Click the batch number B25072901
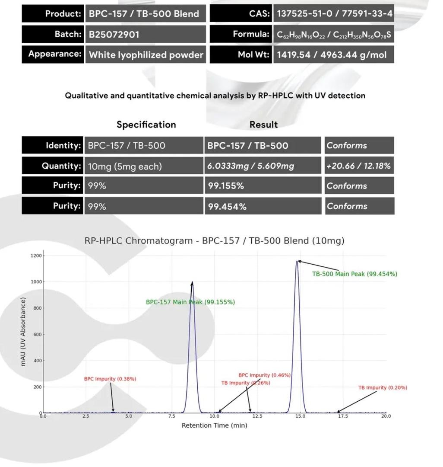pyautogui.click(x=114, y=34)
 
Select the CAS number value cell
pyautogui.click(x=334, y=13)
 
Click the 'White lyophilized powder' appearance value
pyautogui.click(x=146, y=55)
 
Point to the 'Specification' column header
pyautogui.click(x=146, y=125)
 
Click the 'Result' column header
pyautogui.click(x=263, y=125)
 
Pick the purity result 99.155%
pyautogui.click(x=226, y=186)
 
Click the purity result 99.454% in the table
pyautogui.click(x=227, y=206)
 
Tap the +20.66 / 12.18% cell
pyautogui.click(x=358, y=166)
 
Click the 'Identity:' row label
pyautogui.click(x=63, y=145)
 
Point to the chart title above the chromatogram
pyautogui.click(x=214, y=241)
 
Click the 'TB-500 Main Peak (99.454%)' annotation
pyautogui.click(x=354, y=274)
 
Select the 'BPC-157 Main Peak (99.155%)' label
pyautogui.click(x=190, y=302)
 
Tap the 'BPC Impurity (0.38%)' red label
pyautogui.click(x=110, y=379)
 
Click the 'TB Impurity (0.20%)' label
pyautogui.click(x=383, y=388)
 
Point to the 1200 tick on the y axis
pyautogui.click(x=36, y=256)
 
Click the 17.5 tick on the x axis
pyautogui.click(x=343, y=416)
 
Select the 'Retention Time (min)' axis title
pyautogui.click(x=214, y=425)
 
